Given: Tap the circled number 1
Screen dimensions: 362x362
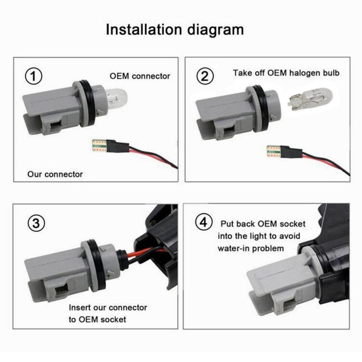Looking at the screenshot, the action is tap(33, 76).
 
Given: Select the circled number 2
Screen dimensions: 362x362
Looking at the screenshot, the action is tap(205, 76).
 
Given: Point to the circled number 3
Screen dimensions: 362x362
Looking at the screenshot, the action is tap(36, 223).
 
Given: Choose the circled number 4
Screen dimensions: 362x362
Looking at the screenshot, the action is tap(204, 222).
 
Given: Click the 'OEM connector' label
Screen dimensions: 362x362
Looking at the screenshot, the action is tap(140, 76).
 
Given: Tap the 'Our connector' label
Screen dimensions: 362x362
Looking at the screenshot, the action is tap(55, 174).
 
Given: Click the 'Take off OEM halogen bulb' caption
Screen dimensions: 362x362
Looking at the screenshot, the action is tap(286, 73).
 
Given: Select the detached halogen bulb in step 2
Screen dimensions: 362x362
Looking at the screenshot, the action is tap(310, 98).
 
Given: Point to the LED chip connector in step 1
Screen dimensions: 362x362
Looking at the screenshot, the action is tap(99, 145).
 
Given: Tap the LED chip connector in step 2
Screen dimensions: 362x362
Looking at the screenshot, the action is tap(274, 152).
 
